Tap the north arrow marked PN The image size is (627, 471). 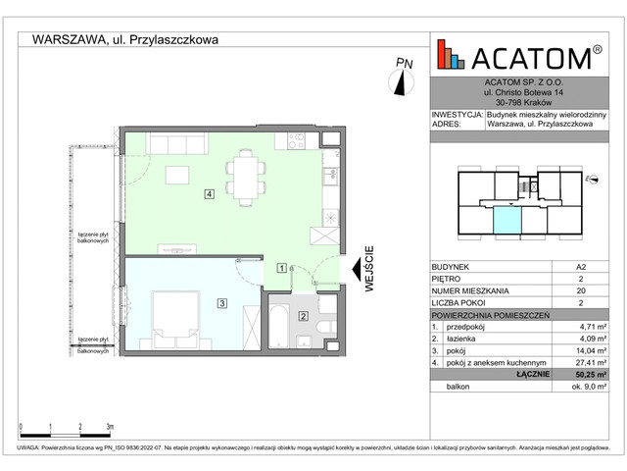(x=403, y=77)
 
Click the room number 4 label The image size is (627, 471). (x=210, y=193)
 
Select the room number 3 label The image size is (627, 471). (x=222, y=304)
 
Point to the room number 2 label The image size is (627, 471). (x=304, y=316)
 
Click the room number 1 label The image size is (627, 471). (x=281, y=266)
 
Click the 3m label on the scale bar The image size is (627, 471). (x=109, y=427)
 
